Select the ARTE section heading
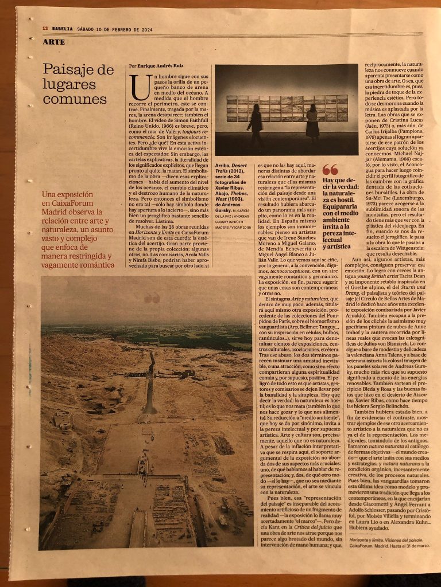53,42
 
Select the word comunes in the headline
67,98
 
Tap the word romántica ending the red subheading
96,265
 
